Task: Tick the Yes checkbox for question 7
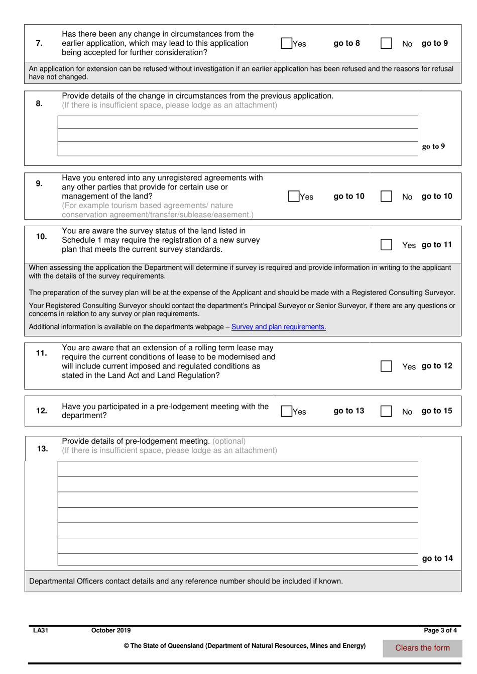(x=286, y=43)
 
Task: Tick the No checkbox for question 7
(x=386, y=43)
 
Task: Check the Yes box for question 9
(x=294, y=197)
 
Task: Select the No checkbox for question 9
(x=386, y=197)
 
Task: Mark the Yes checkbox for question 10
(x=386, y=245)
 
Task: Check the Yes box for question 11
(x=386, y=366)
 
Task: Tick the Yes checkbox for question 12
(x=286, y=411)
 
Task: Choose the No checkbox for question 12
(x=386, y=411)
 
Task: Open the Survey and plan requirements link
(x=278, y=327)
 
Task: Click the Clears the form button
(x=422, y=648)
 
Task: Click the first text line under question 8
(x=237, y=122)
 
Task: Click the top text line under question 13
(x=237, y=468)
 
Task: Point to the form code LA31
(x=40, y=630)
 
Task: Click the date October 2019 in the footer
(x=111, y=630)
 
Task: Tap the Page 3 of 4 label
(x=440, y=630)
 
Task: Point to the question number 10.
(x=41, y=236)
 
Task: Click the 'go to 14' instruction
(x=437, y=558)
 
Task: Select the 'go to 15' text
(x=437, y=411)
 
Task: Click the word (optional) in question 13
(x=229, y=441)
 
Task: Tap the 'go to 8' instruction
(x=346, y=43)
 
